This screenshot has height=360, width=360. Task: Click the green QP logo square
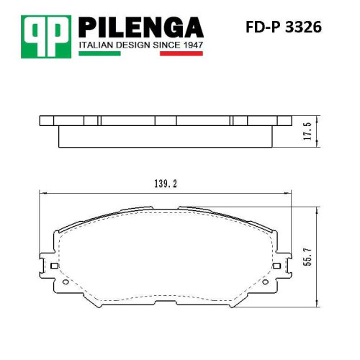click(46, 37)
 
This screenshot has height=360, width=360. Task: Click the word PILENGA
click(141, 27)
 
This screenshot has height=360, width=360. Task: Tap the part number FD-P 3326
click(284, 27)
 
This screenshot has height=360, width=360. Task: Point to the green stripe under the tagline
click(99, 53)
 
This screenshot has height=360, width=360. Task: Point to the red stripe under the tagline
click(181, 53)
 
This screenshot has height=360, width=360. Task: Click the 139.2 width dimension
click(166, 184)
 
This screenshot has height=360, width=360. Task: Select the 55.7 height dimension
click(307, 257)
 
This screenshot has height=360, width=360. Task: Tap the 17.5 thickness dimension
click(307, 131)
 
